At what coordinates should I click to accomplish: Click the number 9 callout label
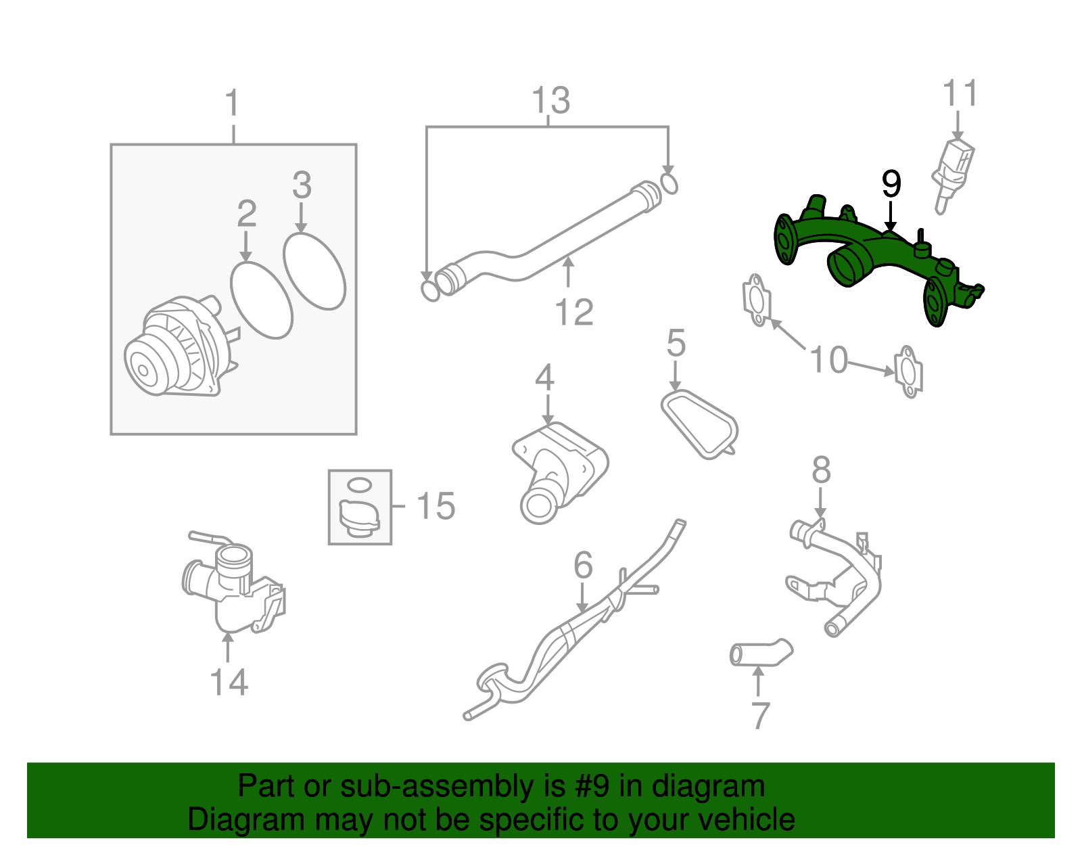click(891, 183)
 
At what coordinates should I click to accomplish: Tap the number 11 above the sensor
click(960, 93)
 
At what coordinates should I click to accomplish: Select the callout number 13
click(550, 100)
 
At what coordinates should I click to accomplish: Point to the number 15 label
click(436, 506)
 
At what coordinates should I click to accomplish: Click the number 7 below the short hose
click(760, 716)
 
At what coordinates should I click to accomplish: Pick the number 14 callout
click(229, 682)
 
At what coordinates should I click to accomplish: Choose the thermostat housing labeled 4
click(559, 473)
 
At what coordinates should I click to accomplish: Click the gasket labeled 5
click(699, 424)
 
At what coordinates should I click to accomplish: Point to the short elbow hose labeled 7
click(760, 652)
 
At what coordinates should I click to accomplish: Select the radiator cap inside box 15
click(360, 519)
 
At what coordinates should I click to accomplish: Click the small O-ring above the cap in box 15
click(360, 484)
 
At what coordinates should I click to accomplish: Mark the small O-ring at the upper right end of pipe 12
click(669, 184)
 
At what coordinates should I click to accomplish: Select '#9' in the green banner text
click(589, 786)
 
